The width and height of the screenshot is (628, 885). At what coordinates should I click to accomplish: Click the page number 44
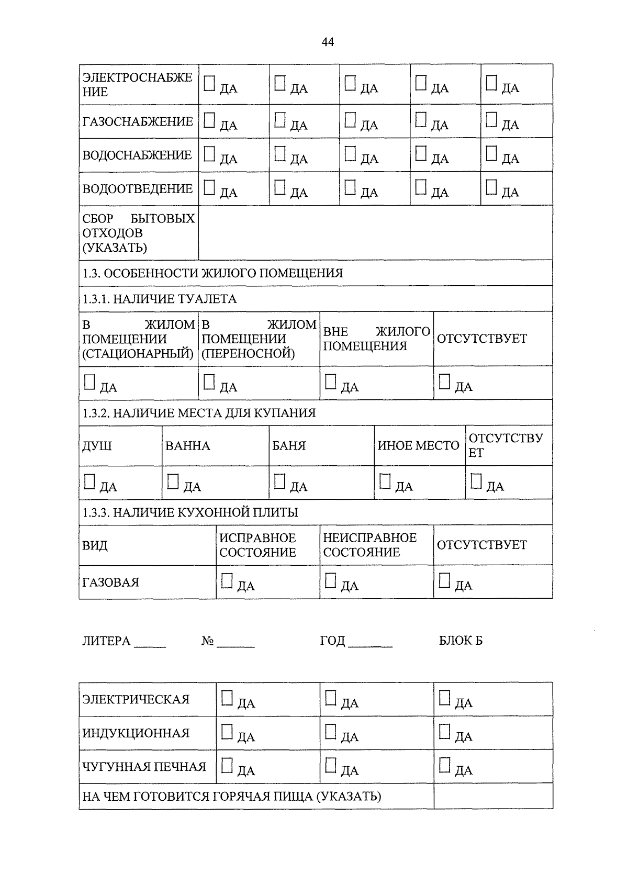(x=328, y=42)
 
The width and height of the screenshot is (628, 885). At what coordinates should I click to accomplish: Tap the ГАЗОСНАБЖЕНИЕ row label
(x=138, y=121)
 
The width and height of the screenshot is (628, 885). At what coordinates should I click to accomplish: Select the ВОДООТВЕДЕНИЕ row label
(x=138, y=188)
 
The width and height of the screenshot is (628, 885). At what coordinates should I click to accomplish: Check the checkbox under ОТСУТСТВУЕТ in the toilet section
(x=444, y=382)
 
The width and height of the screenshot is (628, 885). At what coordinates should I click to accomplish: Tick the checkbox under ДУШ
(x=89, y=481)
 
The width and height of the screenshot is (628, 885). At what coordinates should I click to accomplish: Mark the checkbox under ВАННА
(x=173, y=481)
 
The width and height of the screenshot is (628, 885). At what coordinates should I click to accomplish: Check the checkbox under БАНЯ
(x=280, y=481)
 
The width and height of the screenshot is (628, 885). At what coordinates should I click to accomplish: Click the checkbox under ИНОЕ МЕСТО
(x=385, y=481)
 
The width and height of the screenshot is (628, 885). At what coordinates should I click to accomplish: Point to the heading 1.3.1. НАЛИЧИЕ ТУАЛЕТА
(x=160, y=299)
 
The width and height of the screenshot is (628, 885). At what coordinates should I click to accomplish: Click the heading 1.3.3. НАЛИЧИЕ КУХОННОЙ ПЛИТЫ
(x=190, y=512)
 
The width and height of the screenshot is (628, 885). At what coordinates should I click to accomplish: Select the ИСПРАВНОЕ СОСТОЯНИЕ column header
(x=257, y=545)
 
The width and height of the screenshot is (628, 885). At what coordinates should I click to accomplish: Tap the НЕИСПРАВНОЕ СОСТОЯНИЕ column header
(x=369, y=545)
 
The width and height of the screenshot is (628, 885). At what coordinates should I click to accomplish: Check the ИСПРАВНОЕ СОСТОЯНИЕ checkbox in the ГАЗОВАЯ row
(x=227, y=580)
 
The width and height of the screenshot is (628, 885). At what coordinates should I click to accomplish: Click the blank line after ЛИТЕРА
(x=150, y=643)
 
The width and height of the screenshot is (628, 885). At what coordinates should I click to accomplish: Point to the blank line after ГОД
(x=370, y=643)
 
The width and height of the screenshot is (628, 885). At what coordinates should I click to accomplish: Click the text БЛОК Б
(x=461, y=641)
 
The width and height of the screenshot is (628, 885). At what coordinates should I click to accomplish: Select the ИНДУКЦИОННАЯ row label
(x=136, y=733)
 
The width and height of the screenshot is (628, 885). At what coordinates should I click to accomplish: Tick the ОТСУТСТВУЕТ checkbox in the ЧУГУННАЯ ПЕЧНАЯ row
(x=444, y=765)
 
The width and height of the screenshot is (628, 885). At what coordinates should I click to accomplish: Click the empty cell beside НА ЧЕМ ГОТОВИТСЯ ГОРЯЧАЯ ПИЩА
(x=492, y=796)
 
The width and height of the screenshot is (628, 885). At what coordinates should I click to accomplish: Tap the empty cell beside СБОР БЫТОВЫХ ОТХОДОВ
(x=375, y=232)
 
